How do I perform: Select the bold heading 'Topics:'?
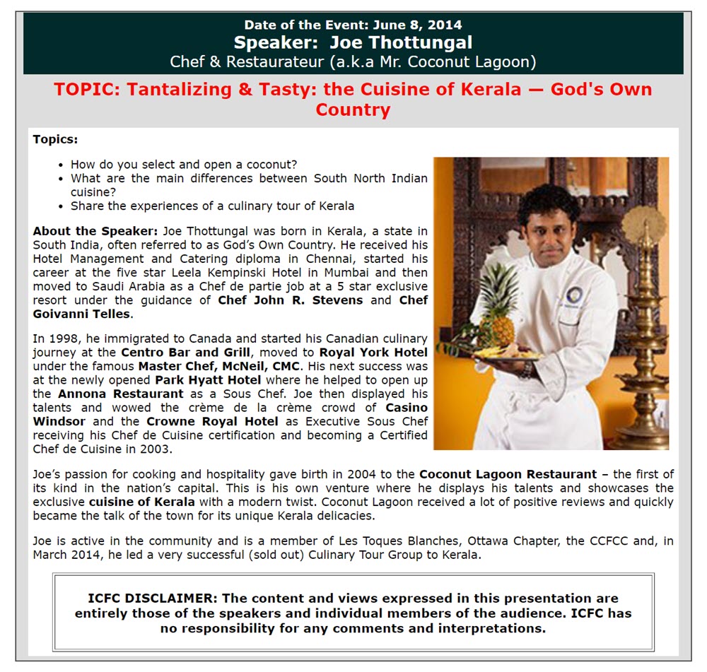click(55, 139)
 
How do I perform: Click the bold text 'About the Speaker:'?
click(95, 231)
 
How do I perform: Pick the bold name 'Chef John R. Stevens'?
click(291, 300)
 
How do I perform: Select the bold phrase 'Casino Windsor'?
click(407, 408)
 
